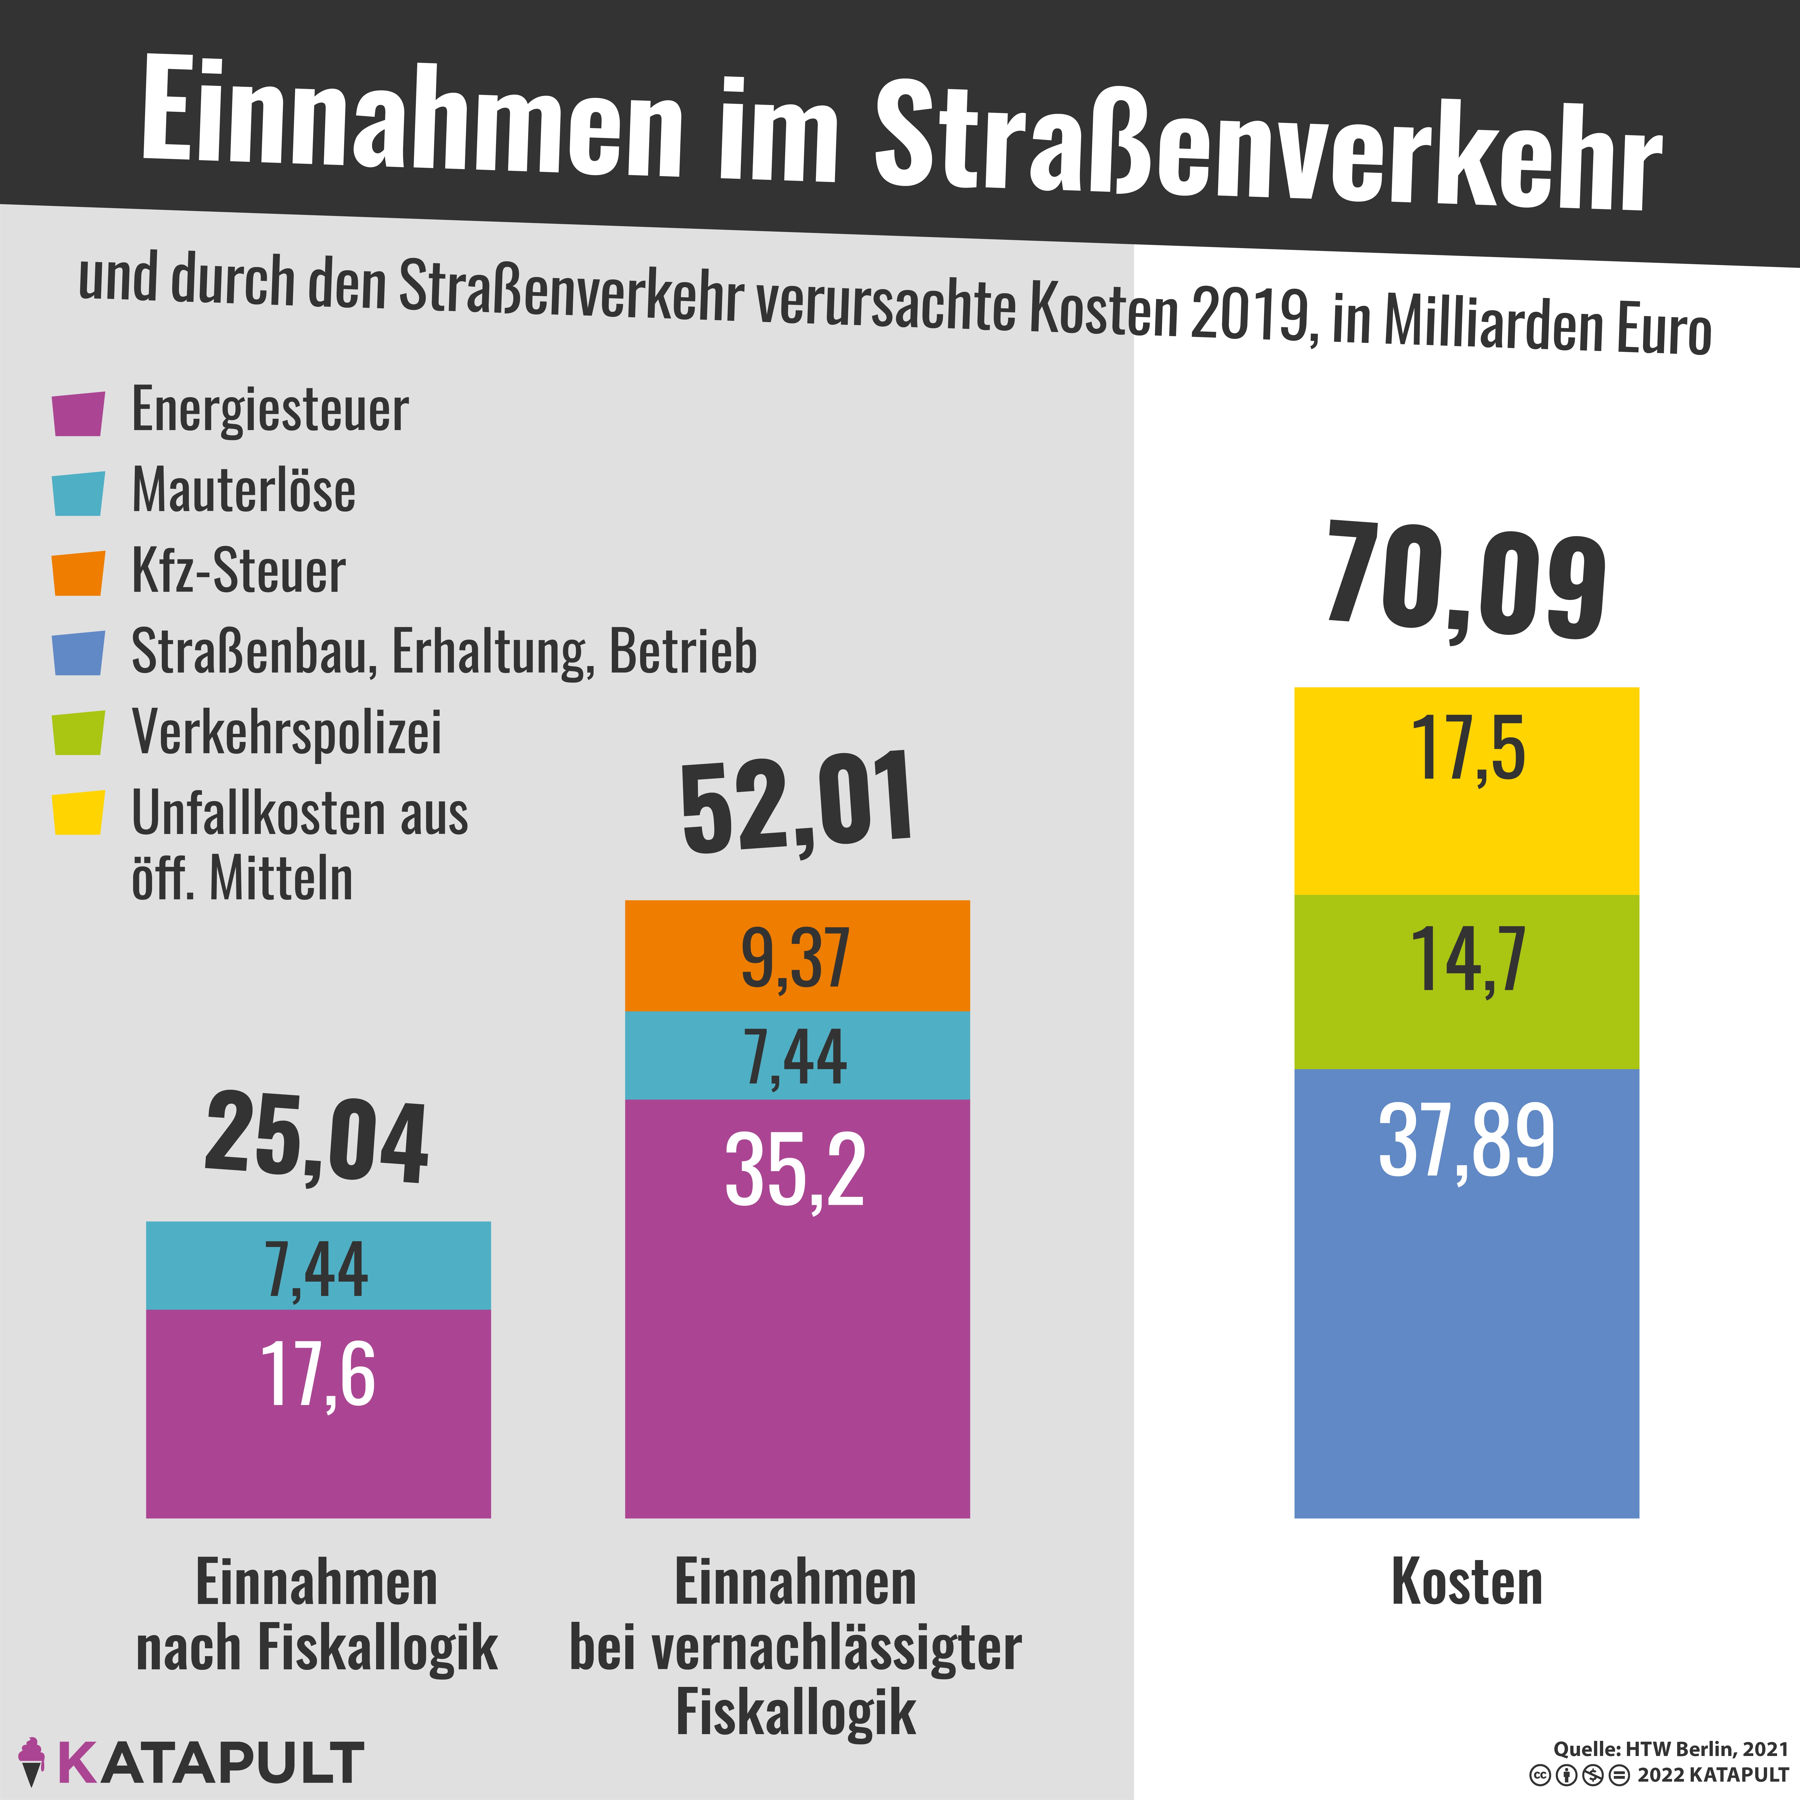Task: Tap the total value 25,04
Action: [317, 1139]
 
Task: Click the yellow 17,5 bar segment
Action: [1467, 792]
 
